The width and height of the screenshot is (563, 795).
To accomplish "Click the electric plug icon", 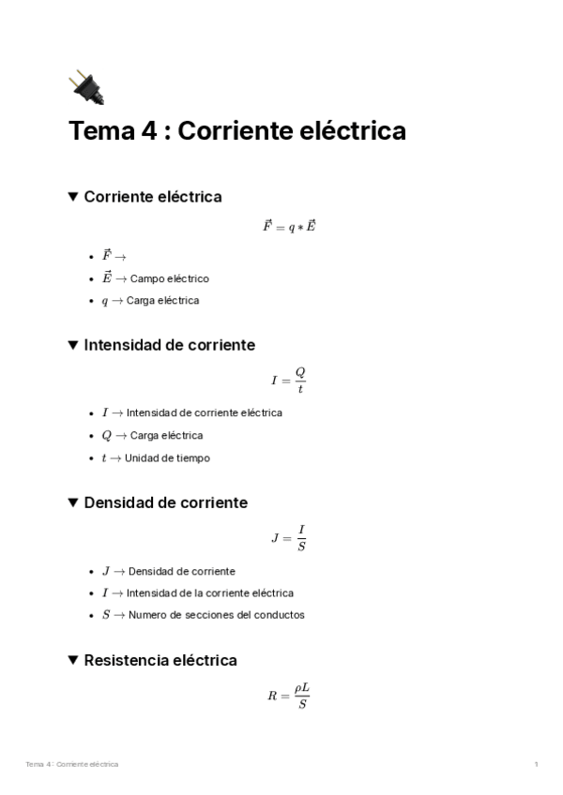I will (x=86, y=87).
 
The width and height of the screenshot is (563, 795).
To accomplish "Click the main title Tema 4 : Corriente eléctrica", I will (x=237, y=131).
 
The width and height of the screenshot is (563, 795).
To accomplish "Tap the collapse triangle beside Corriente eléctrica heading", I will (x=73, y=197).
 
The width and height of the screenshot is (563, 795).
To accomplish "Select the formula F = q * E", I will (x=288, y=227).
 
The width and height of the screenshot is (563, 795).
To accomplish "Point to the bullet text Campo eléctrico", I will (x=169, y=278).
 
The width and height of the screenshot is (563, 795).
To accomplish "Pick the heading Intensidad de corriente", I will (x=169, y=345).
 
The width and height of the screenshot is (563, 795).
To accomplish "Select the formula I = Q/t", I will (x=288, y=380).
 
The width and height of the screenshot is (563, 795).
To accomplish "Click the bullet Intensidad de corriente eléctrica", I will (x=204, y=412).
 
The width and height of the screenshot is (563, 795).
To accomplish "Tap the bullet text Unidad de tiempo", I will (x=167, y=458).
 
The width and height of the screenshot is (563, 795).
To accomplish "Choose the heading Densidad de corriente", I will (x=165, y=502).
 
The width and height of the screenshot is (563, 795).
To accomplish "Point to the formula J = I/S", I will (x=288, y=537).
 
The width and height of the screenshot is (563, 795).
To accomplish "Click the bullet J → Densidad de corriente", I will (x=181, y=571).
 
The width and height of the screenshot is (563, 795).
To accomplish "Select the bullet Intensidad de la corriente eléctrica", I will (x=209, y=593).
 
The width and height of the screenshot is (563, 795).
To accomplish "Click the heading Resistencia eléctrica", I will (x=160, y=660).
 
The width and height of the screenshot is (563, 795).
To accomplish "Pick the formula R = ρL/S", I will (x=288, y=695).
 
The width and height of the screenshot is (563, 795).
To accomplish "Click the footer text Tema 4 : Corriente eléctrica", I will (x=72, y=765).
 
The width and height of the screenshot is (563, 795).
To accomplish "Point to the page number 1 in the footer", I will (x=536, y=765).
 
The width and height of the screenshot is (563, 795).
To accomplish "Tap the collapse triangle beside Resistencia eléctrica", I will (x=73, y=660).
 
